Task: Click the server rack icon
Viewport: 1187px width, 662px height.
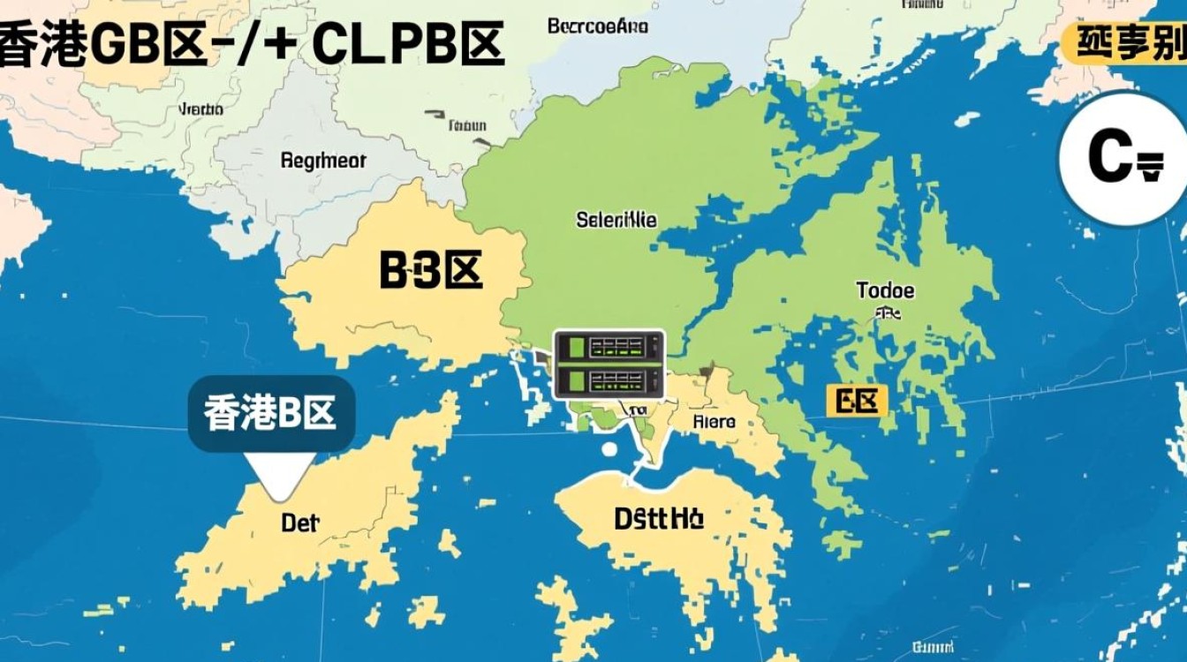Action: pos(609,364)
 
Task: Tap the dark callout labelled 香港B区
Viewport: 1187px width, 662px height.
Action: pos(271,413)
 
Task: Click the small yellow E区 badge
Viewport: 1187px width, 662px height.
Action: pos(857,402)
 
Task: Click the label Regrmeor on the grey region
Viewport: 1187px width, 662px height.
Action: pos(322,162)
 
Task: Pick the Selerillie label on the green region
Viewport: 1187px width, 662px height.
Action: pos(616,220)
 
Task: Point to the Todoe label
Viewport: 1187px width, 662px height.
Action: pos(885,290)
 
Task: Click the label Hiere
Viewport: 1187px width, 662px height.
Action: pos(714,422)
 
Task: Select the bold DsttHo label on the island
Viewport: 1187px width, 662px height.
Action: pos(659,518)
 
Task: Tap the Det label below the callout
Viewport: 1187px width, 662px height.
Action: pos(299,523)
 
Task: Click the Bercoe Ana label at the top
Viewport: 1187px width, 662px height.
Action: pos(598,26)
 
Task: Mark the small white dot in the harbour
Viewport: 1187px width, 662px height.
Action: pos(609,448)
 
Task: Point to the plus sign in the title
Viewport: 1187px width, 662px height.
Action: pos(277,44)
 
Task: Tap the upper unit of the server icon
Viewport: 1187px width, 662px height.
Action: pos(609,347)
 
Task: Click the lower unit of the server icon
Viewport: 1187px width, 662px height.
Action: pos(609,381)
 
